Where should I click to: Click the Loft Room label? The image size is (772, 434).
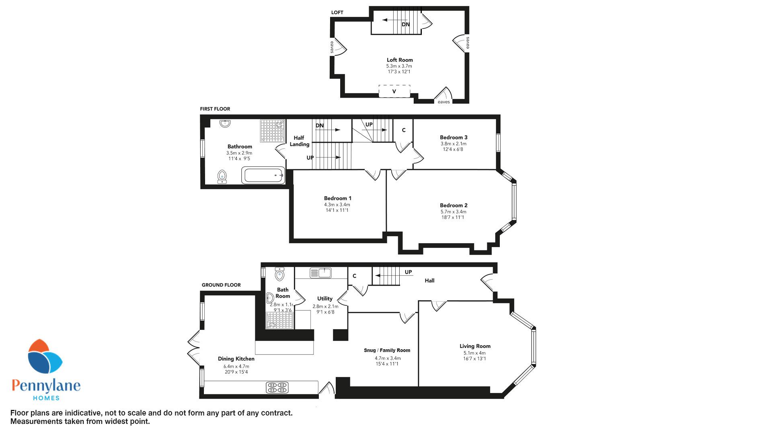(400, 60)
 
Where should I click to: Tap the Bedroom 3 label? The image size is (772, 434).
(454, 137)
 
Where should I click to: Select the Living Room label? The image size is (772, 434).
(475, 346)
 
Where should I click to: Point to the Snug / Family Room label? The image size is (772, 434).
(387, 350)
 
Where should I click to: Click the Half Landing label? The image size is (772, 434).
(300, 141)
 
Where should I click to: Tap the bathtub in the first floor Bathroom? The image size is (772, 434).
(263, 176)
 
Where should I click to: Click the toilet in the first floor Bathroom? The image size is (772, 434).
(222, 177)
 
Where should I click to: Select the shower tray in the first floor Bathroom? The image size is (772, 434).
(272, 131)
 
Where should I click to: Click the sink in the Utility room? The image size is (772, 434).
(320, 273)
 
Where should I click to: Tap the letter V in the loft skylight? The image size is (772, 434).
(394, 92)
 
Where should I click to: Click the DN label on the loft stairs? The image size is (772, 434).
(406, 25)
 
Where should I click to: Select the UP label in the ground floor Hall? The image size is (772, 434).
(408, 272)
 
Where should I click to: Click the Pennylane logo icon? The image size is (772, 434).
(45, 358)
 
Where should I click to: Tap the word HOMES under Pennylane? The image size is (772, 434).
(46, 398)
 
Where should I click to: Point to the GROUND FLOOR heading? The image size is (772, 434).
(221, 285)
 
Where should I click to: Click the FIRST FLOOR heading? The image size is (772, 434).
(215, 109)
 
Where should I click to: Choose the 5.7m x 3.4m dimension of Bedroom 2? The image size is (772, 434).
(453, 212)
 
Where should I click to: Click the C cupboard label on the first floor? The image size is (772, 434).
(404, 130)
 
